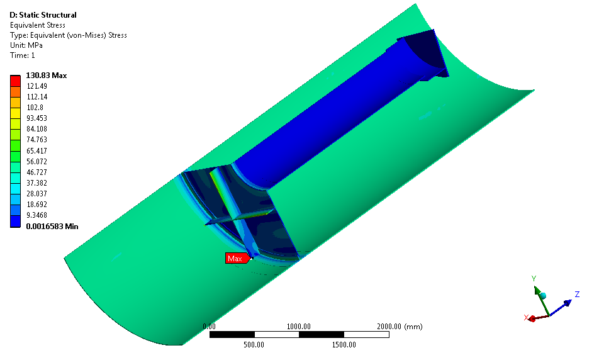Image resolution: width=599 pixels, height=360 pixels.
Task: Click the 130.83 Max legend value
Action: click(46, 76)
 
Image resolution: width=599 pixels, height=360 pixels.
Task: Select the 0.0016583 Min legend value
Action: click(52, 226)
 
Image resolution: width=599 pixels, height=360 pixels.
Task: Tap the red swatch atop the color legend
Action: click(15, 81)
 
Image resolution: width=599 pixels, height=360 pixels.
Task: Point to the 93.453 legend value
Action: click(36, 118)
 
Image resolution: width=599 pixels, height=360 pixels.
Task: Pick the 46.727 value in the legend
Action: click(36, 172)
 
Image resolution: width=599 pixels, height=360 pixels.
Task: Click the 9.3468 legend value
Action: click(36, 215)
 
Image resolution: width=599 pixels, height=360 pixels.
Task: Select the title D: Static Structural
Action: click(43, 15)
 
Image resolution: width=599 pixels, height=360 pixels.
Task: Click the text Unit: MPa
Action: click(26, 45)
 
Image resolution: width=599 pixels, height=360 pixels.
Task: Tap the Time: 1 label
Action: click(23, 55)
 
